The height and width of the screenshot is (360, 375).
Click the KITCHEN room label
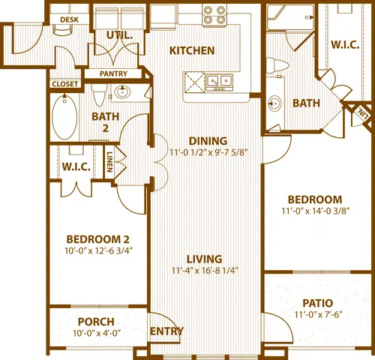coord(192,51)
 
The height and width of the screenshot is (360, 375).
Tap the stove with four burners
coord(214,15)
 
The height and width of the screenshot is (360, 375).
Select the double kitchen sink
coord(220,81)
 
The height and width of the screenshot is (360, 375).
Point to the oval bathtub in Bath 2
coord(64,117)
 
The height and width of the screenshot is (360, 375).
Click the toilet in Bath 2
coord(99,94)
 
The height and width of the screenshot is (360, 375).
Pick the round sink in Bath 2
coord(122,91)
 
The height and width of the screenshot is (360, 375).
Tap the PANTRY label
coord(113,73)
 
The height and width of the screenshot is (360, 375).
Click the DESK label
coord(69,19)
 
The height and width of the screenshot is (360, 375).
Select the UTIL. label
coord(119,35)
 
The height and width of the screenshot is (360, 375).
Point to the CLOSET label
coord(65,84)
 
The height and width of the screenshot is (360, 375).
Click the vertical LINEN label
coord(109,162)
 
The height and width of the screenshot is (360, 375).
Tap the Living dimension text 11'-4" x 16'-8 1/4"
coord(205,271)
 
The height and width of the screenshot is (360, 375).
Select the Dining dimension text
coord(208,152)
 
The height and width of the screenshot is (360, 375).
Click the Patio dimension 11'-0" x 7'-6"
coord(318,314)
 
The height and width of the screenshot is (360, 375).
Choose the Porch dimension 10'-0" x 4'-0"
coord(97,333)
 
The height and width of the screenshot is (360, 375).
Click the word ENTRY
coord(166,331)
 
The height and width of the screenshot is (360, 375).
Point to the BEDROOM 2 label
coord(97,239)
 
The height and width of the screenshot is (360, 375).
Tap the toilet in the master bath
coord(277,65)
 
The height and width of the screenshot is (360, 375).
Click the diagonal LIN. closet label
coord(363,113)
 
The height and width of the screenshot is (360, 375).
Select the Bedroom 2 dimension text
coord(98,250)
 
